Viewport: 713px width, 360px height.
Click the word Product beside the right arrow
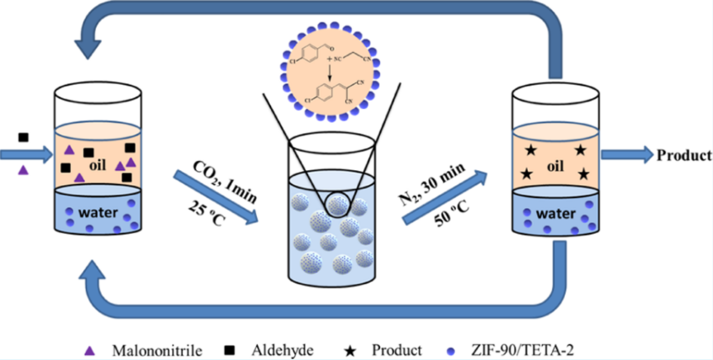(x=683, y=154)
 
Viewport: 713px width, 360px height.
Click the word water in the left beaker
(x=98, y=212)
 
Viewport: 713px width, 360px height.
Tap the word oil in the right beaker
(x=554, y=167)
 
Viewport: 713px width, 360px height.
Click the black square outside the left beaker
(x=23, y=137)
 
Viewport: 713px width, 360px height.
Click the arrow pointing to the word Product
(x=625, y=154)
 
